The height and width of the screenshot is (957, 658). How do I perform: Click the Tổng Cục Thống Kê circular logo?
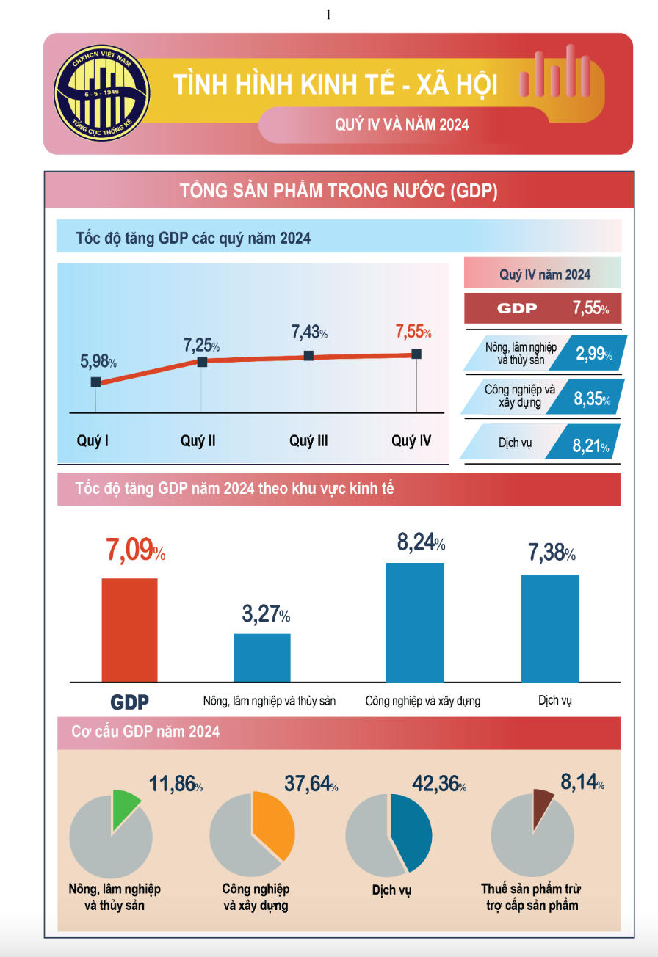101,92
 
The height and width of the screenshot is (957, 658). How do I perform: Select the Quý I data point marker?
96,382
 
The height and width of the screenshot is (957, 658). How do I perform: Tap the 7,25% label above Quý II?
201,344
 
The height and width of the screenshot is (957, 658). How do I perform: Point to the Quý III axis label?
308,441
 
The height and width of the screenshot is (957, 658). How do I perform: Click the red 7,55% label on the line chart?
413,332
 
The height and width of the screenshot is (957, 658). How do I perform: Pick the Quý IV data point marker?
416,354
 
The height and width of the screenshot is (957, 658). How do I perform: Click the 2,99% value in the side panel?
593,354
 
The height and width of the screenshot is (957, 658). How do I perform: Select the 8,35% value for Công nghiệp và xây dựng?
593,399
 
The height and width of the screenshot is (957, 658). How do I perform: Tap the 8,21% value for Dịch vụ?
593,445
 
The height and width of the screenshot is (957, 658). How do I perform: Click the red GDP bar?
129,630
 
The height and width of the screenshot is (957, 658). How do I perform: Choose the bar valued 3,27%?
262,658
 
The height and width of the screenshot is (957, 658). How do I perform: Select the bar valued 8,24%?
415,622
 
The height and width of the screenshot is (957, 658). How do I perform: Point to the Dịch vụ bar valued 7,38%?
550,628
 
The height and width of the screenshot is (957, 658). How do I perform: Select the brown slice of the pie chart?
542,801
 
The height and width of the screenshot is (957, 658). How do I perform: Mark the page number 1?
328,14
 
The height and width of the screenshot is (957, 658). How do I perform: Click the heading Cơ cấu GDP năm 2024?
146,732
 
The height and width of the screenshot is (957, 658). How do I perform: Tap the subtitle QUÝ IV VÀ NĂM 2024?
402,124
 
